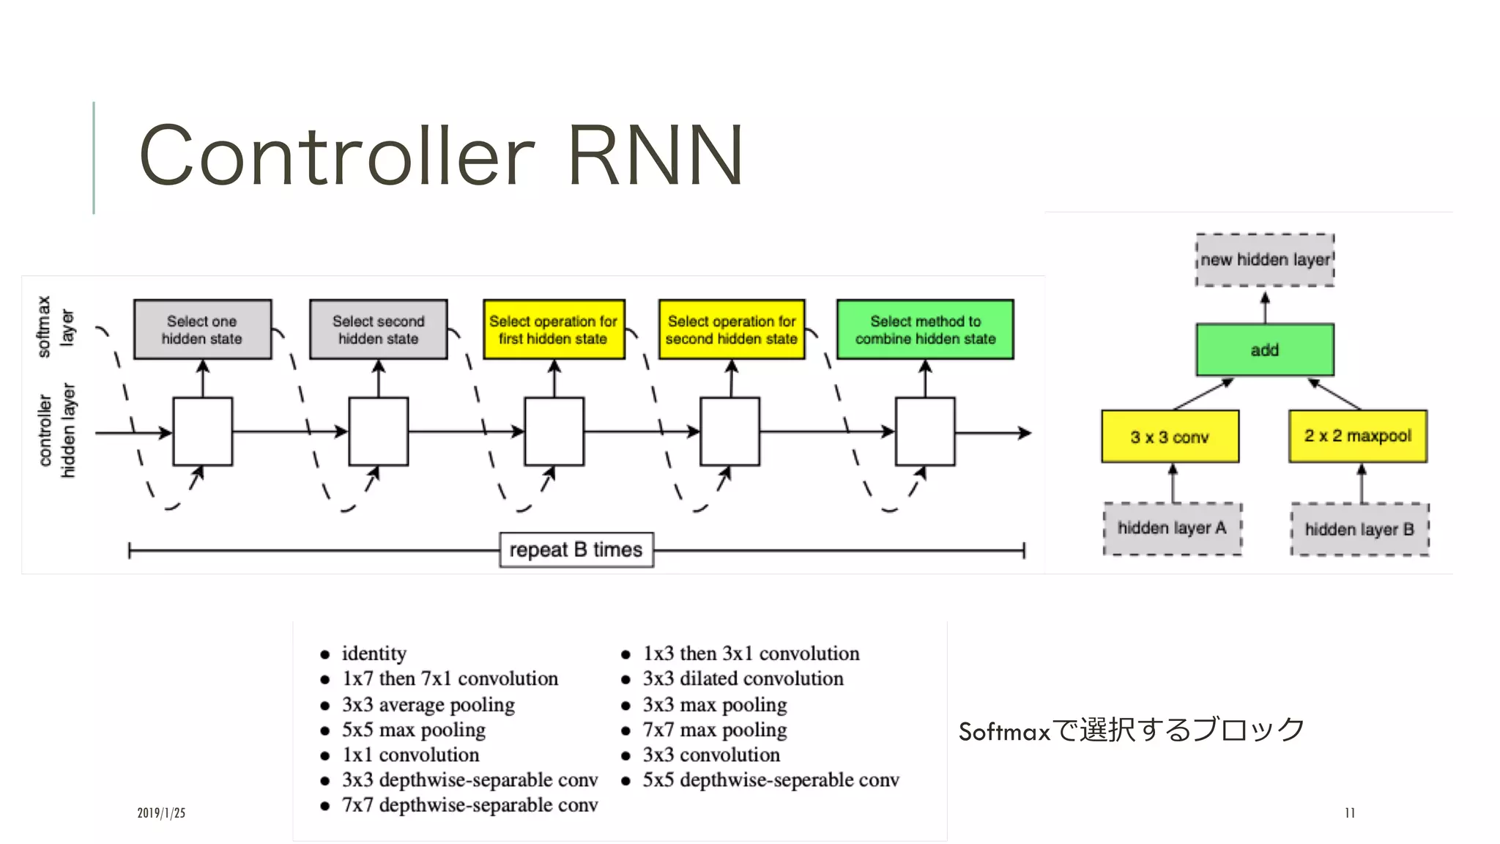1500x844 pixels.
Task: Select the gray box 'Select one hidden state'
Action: click(x=202, y=330)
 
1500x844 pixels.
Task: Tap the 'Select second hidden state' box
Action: click(x=378, y=330)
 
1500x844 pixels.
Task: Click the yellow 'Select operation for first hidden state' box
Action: click(x=554, y=330)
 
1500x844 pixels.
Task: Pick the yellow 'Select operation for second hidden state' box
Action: click(x=731, y=330)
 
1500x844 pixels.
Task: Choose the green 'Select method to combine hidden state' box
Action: click(x=925, y=330)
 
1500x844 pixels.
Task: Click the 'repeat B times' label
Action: click(x=576, y=549)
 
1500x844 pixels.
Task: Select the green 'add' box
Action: click(x=1265, y=350)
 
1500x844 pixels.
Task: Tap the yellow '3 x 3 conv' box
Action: click(x=1170, y=437)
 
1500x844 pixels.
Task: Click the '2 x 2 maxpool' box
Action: click(x=1358, y=436)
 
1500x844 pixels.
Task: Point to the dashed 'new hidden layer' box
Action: click(x=1265, y=259)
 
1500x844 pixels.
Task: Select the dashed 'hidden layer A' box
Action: click(x=1172, y=528)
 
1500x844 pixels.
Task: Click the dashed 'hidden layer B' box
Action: click(x=1359, y=529)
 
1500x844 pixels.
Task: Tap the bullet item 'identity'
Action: click(x=374, y=653)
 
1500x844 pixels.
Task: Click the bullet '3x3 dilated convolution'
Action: click(x=743, y=678)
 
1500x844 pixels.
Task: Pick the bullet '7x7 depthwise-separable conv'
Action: click(x=469, y=804)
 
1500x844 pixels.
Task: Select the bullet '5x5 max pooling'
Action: click(x=413, y=730)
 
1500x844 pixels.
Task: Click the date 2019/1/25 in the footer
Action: click(x=161, y=812)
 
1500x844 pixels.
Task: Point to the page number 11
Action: click(x=1349, y=812)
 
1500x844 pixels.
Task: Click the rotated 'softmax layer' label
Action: click(x=55, y=327)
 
